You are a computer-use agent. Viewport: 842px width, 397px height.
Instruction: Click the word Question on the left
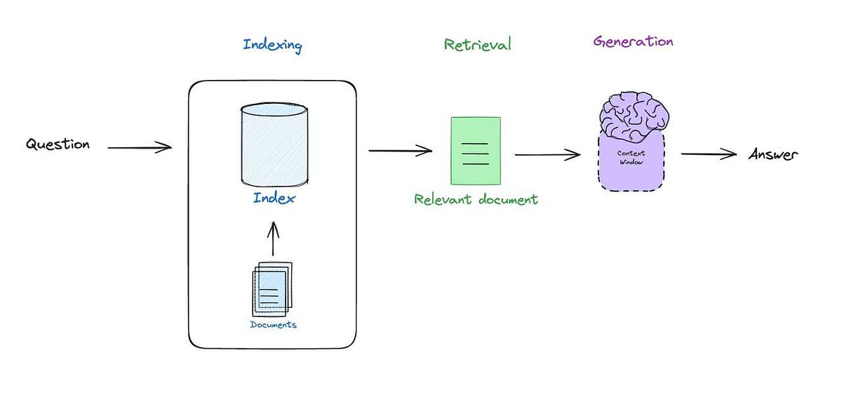pyautogui.click(x=58, y=145)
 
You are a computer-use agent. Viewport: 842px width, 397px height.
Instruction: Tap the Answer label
pyautogui.click(x=773, y=154)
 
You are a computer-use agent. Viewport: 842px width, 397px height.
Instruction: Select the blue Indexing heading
pyautogui.click(x=272, y=46)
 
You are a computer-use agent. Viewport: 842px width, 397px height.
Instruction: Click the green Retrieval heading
pyautogui.click(x=477, y=45)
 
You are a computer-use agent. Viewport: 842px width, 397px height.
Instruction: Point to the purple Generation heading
pyautogui.click(x=633, y=41)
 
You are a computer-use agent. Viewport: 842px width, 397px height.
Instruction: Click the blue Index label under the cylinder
pyautogui.click(x=274, y=198)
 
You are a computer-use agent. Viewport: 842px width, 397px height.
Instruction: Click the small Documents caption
pyautogui.click(x=273, y=325)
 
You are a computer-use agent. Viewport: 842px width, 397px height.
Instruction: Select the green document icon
pyautogui.click(x=475, y=151)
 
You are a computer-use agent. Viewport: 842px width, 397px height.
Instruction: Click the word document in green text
pyautogui.click(x=507, y=199)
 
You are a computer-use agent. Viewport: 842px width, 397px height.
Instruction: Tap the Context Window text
pyautogui.click(x=631, y=157)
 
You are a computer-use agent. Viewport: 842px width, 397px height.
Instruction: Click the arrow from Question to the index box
pyautogui.click(x=139, y=147)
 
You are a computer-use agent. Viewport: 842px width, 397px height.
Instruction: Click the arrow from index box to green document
pyautogui.click(x=400, y=150)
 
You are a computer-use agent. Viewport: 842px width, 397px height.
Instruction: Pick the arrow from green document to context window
pyautogui.click(x=548, y=155)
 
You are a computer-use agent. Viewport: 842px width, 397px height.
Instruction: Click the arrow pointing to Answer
pyautogui.click(x=709, y=154)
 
